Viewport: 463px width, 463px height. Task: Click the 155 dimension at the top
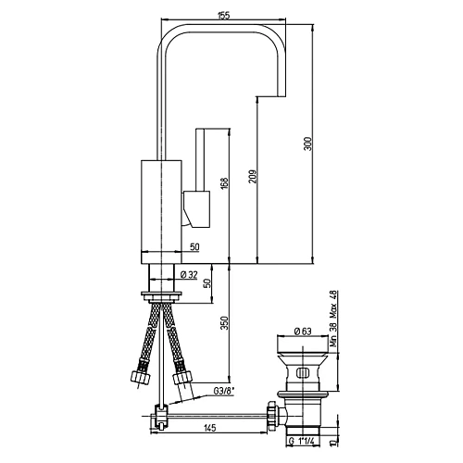223,16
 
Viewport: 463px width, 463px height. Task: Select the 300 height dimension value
308,144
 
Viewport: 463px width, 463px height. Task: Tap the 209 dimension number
253,176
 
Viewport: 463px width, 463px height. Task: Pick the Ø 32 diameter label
188,274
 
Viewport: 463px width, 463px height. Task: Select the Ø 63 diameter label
303,332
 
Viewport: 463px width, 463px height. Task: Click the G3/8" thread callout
224,391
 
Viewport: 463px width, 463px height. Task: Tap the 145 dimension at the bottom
210,428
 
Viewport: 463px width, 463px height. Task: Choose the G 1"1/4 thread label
302,441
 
